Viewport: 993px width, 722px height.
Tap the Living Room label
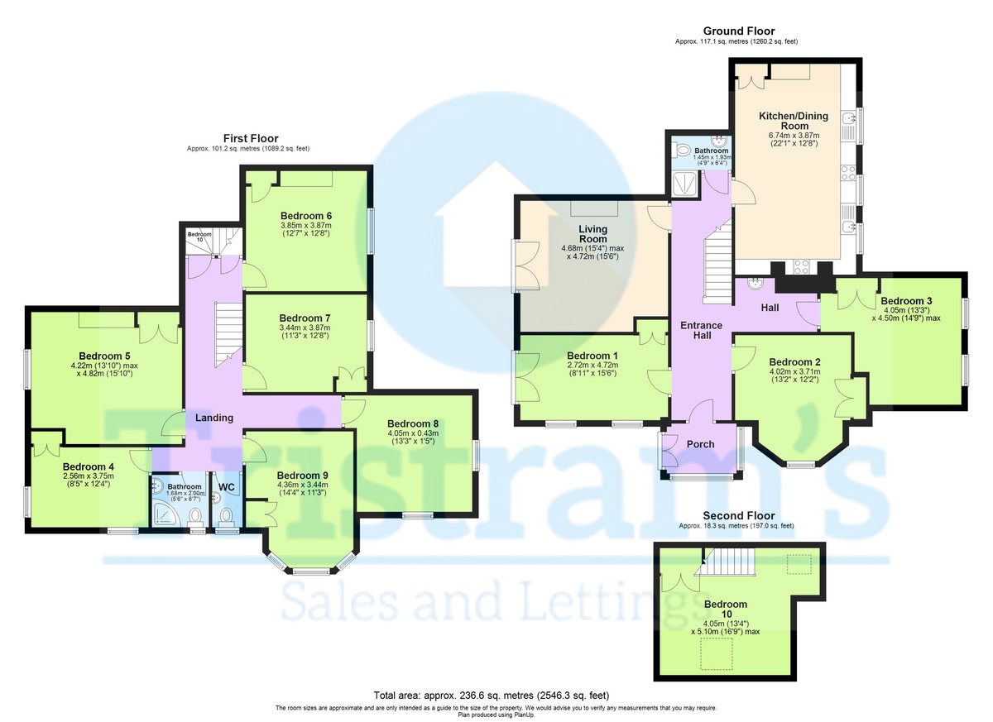pos(592,234)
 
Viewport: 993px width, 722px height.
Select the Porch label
pos(700,444)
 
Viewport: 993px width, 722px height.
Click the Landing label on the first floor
pos(214,418)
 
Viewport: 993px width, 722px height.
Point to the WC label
pos(227,486)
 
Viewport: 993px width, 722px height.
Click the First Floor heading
pos(251,138)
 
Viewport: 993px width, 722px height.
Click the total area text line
pos(496,696)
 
